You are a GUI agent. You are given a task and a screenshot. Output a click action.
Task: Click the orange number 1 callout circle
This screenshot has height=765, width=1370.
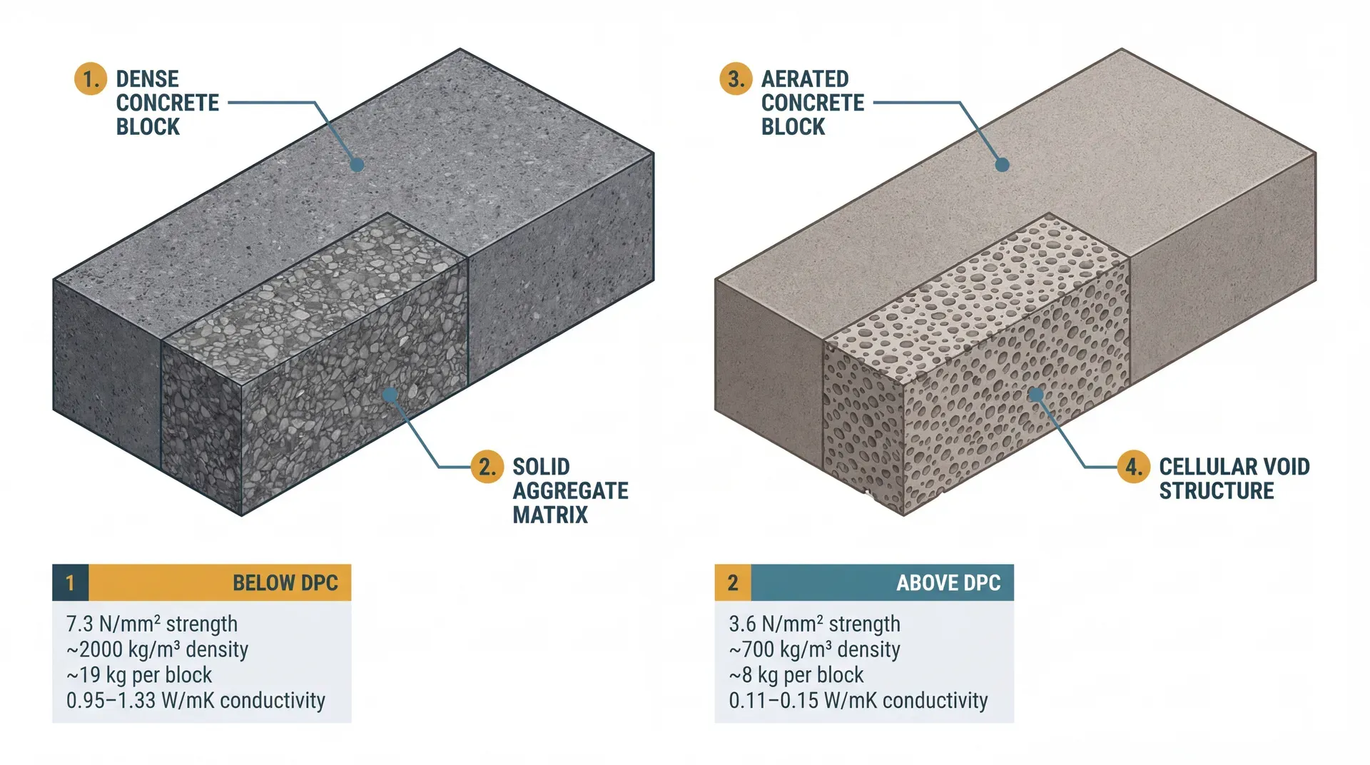[x=91, y=78]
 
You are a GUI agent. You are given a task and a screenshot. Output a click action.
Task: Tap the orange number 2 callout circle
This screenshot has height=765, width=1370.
[x=487, y=467]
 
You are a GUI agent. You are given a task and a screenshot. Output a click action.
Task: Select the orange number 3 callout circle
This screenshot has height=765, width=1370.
[x=736, y=78]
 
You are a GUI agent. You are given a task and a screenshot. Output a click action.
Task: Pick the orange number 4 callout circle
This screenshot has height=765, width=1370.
[x=1133, y=467]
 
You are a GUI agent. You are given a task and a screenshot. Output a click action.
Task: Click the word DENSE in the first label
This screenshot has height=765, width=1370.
[x=148, y=78]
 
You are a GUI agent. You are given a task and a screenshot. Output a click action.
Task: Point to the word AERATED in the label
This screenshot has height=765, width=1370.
[x=805, y=78]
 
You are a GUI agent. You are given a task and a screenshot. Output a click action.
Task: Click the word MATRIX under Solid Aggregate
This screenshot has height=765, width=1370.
[x=550, y=515]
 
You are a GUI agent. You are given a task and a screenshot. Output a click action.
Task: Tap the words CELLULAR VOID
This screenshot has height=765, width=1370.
[x=1234, y=467]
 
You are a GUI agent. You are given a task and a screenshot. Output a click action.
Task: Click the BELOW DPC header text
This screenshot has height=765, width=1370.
[x=285, y=583]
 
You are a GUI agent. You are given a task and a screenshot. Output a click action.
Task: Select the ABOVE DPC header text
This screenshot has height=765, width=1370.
[x=948, y=583]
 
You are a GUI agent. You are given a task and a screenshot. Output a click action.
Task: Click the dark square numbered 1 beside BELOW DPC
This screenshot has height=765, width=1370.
[x=70, y=583]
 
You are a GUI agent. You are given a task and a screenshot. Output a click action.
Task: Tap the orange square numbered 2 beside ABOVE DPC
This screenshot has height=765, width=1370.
[x=733, y=583]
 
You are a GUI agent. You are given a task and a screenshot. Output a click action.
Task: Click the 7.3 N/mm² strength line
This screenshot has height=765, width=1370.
[x=151, y=624]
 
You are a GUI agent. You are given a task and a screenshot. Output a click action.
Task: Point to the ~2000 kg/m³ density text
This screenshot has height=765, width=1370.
[x=157, y=649]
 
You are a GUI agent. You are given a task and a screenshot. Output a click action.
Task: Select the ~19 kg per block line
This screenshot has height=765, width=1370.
[x=139, y=675]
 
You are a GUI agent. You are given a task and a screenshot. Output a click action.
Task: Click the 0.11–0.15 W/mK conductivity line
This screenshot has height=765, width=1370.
[x=858, y=701]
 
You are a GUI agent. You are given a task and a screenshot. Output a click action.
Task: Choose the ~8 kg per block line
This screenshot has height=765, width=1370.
[x=796, y=675]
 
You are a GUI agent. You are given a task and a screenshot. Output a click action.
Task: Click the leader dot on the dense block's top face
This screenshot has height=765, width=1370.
[x=357, y=165]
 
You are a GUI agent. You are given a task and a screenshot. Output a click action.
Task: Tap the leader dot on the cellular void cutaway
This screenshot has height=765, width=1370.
[x=1036, y=394]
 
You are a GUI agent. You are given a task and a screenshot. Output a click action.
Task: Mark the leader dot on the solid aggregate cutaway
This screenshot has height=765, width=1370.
[x=390, y=395]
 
